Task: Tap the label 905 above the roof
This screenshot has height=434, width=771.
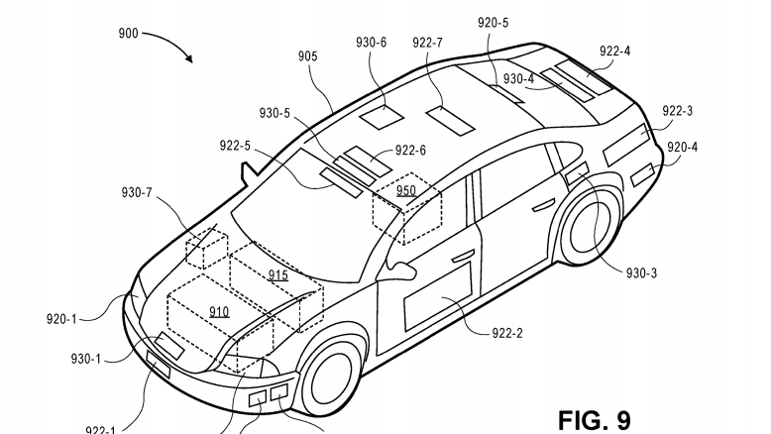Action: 307,57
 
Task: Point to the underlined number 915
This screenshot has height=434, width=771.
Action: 277,274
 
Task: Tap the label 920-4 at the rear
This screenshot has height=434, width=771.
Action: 682,148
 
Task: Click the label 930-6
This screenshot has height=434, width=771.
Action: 373,43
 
